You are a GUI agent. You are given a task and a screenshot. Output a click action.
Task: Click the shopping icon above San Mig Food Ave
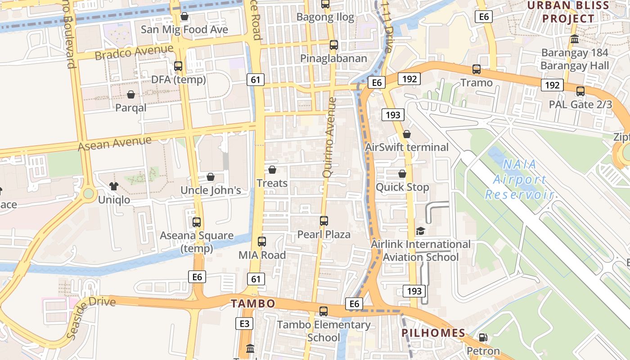[x=184, y=17]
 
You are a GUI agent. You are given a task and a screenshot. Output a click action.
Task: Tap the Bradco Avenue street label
[x=134, y=52]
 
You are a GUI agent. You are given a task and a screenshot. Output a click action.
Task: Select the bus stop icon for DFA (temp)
[x=178, y=66]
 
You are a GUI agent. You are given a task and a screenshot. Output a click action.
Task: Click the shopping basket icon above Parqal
[x=130, y=94]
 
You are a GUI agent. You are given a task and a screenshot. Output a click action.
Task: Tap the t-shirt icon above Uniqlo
[x=113, y=186]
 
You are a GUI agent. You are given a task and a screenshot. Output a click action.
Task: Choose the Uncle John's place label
[x=211, y=190]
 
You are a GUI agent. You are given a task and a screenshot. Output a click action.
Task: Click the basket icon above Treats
[x=272, y=170]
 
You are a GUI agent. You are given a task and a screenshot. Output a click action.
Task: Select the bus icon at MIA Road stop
[x=262, y=242]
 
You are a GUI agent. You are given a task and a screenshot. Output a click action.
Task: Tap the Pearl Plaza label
[x=324, y=234]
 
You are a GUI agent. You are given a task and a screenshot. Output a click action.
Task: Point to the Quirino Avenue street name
[x=329, y=137]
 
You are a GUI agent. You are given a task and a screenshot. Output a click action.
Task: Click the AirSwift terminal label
[x=407, y=147]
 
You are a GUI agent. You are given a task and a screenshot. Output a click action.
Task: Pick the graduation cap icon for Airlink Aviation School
[x=420, y=231]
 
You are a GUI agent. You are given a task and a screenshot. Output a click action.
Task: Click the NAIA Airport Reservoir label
[x=519, y=179]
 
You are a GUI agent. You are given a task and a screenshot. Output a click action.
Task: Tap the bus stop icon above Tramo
[x=477, y=69]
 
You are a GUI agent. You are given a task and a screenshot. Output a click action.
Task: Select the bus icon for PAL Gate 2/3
[x=580, y=91]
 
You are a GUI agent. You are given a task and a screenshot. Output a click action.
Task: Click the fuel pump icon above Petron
[x=483, y=337]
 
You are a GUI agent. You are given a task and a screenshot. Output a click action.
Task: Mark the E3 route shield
[x=244, y=323]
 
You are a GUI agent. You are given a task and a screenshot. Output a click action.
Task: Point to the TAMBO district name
[x=253, y=303]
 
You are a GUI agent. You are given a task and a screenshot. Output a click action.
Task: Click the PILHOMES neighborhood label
[x=433, y=333]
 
